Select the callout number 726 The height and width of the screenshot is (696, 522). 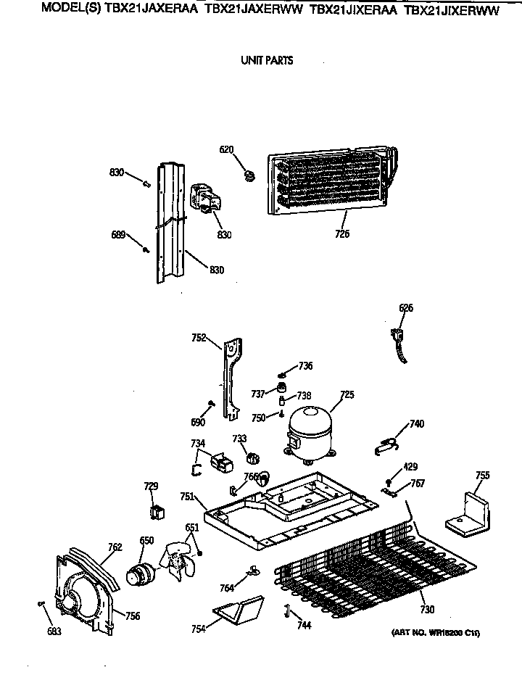click(x=342, y=234)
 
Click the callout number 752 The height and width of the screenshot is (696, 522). click(x=199, y=337)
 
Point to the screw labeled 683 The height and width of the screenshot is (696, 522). click(x=41, y=603)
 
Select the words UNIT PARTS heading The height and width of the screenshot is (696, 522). click(x=267, y=61)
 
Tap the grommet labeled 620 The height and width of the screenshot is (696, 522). click(x=250, y=174)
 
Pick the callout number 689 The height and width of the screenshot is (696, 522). click(x=118, y=234)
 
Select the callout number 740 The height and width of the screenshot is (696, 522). click(x=417, y=423)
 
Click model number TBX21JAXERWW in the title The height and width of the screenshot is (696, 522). click(x=253, y=11)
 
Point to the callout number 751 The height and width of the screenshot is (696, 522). click(x=187, y=497)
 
